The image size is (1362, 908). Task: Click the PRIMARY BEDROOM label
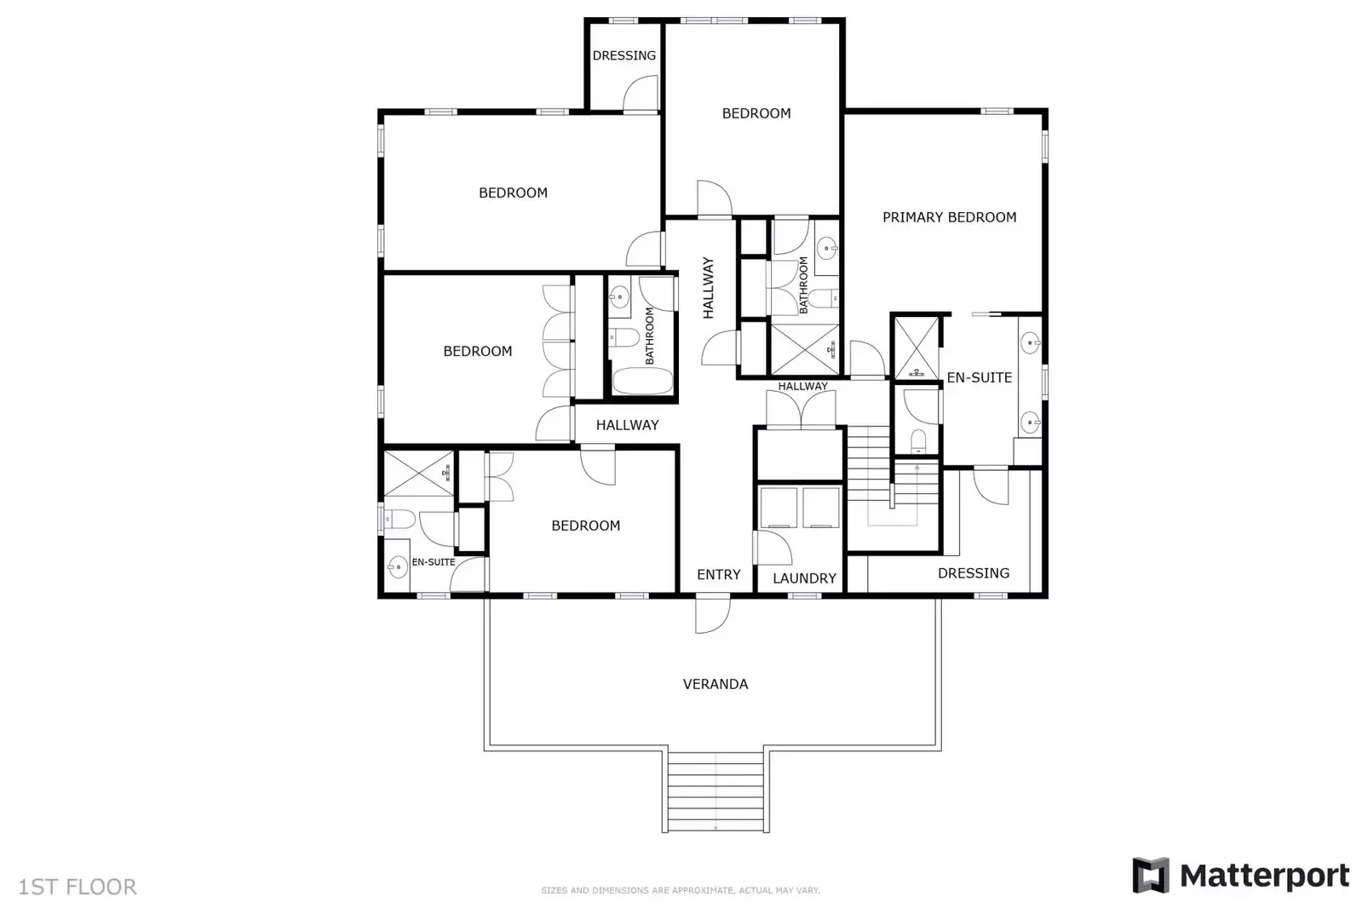(949, 217)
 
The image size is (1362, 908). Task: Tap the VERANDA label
(715, 684)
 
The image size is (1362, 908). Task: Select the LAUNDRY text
(804, 578)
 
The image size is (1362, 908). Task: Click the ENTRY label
(718, 575)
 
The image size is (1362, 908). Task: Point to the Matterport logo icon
(1150, 876)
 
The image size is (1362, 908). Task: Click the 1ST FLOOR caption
(78, 887)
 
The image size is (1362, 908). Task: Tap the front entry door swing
(712, 615)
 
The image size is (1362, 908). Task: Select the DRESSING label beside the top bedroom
(624, 55)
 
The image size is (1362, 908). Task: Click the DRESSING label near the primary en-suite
(973, 573)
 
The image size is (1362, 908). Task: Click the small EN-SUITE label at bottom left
(434, 562)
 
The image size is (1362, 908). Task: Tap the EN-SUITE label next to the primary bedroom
(979, 377)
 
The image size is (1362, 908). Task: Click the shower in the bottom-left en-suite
(417, 474)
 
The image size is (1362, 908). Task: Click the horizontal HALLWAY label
(627, 425)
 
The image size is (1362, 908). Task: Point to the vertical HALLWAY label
(708, 288)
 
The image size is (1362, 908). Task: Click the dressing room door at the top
(640, 94)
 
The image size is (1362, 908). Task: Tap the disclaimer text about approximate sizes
(680, 890)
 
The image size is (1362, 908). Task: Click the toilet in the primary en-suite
(918, 440)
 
